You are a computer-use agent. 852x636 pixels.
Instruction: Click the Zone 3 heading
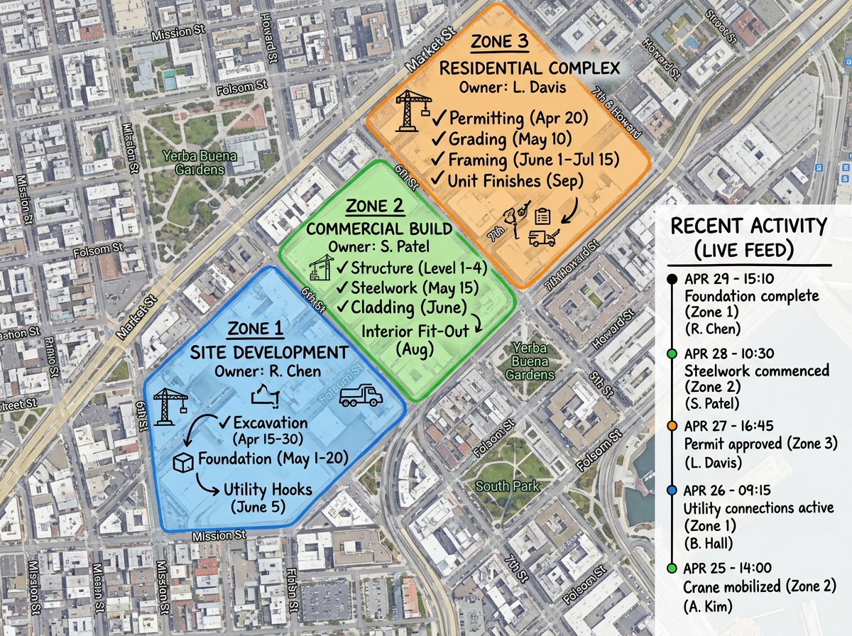click(x=501, y=42)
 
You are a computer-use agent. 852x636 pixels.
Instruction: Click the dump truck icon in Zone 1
click(x=361, y=396)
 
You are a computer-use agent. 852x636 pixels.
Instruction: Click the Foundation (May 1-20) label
click(x=273, y=459)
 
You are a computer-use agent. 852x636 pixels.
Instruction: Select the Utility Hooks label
click(x=268, y=490)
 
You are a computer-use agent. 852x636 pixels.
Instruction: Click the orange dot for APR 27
click(x=672, y=426)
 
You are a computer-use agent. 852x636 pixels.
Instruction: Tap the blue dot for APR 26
click(x=672, y=490)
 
